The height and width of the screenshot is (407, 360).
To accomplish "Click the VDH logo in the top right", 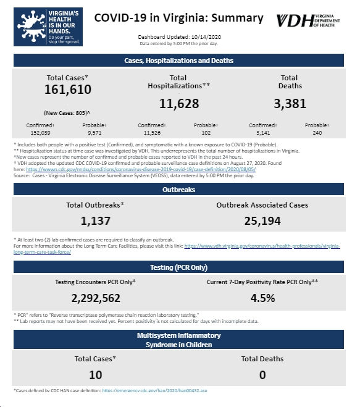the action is [308, 20].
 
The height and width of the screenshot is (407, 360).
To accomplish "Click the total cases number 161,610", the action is [68, 90].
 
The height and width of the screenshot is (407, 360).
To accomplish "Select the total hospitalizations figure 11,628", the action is [179, 104].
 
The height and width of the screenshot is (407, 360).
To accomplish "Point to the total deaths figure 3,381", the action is [290, 104].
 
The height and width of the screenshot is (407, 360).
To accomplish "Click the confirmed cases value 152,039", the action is [40, 133].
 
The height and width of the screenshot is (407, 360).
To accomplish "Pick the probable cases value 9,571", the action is [94, 133].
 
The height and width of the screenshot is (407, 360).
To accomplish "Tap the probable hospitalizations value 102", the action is [206, 133].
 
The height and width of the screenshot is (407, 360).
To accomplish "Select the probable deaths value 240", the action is [317, 133].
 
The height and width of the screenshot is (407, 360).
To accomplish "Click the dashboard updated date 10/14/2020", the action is [206, 37].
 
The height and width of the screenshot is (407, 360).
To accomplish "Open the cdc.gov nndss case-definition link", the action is [141, 169].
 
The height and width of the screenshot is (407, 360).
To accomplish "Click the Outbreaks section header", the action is [178, 189].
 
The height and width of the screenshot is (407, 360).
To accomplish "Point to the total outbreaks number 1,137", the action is [96, 221].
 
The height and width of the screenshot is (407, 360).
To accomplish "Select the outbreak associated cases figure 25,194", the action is [262, 221].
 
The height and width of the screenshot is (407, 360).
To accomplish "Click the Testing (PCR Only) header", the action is [178, 267].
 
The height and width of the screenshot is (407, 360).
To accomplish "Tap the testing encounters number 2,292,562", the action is [96, 298].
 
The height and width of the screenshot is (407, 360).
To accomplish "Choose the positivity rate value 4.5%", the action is [262, 298].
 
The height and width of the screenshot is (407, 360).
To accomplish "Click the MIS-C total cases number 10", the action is [96, 375].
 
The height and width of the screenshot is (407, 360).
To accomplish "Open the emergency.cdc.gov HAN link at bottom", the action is [155, 390].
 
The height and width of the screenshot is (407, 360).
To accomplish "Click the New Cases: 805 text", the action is [67, 113].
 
